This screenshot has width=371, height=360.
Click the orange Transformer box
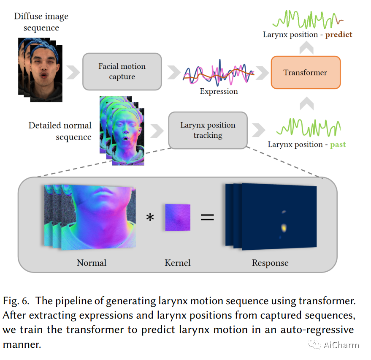305,72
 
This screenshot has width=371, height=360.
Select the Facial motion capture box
122,71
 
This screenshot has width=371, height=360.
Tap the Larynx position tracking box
208,130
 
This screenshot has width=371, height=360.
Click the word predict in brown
336,35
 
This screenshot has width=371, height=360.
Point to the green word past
338,145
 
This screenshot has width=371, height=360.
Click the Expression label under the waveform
219,91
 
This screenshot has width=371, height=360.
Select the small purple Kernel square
178,218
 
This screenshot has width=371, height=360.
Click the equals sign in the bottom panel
207,218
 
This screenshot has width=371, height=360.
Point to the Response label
270,263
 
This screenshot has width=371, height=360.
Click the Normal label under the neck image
92,263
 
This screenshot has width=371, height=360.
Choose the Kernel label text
178,263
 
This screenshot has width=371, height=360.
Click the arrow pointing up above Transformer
305,49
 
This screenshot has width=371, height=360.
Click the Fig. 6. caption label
16,301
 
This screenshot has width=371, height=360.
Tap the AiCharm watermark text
341,345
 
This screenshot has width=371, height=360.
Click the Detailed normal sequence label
60,131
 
